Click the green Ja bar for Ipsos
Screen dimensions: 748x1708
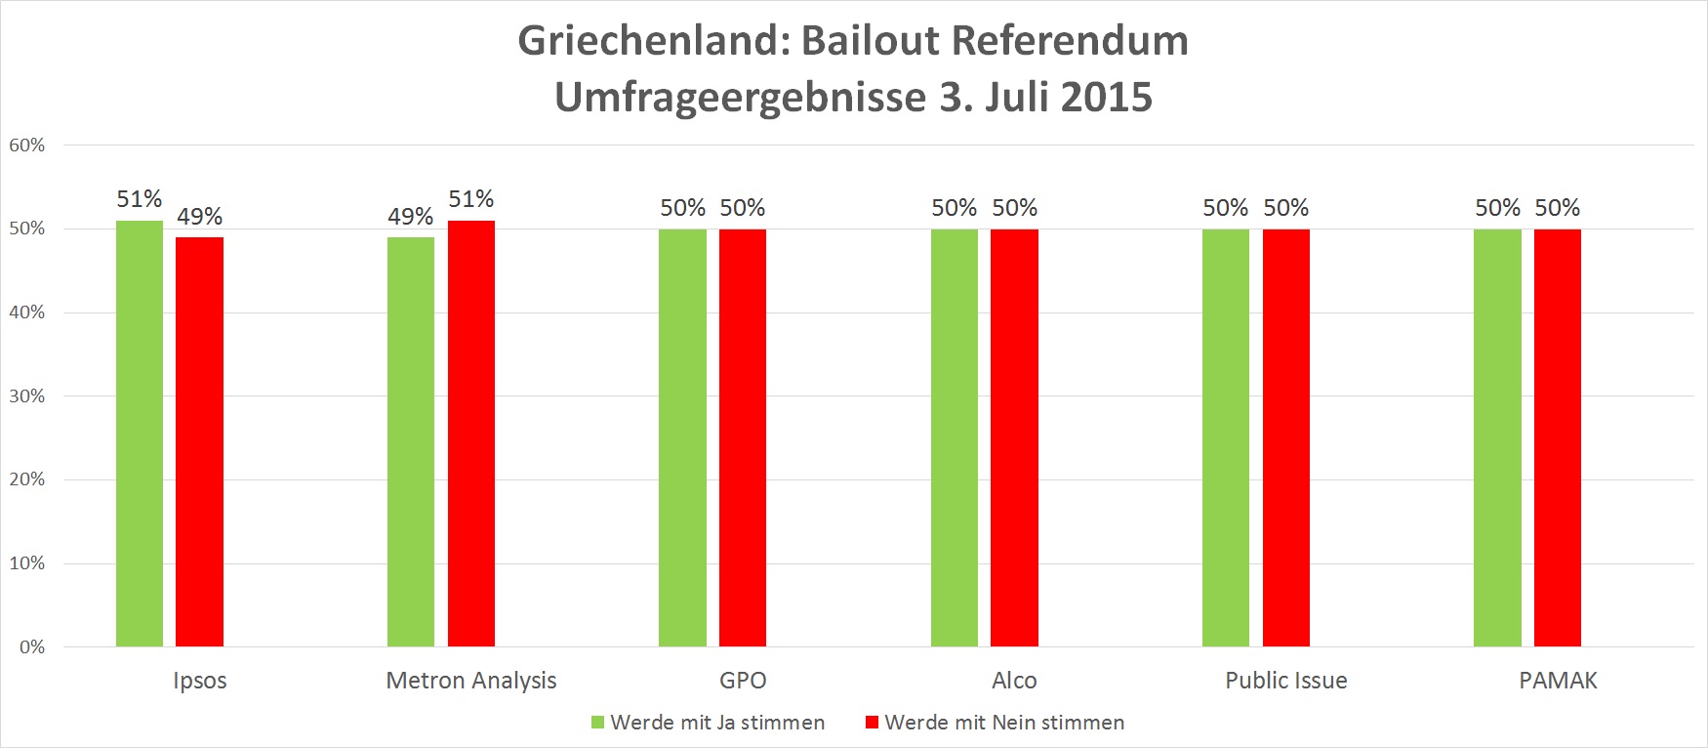(x=140, y=434)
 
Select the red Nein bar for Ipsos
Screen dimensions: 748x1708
(x=199, y=441)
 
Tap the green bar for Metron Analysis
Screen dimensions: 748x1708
(x=411, y=441)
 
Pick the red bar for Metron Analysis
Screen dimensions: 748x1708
(x=471, y=434)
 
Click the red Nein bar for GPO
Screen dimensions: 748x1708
(x=743, y=437)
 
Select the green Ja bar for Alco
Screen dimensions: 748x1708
(x=955, y=437)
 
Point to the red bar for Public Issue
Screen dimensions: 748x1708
(x=1286, y=437)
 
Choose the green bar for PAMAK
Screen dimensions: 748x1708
(x=1497, y=437)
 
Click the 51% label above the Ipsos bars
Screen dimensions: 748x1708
(x=140, y=199)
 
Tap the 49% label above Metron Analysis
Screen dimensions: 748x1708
(x=411, y=216)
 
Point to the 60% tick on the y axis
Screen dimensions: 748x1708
(x=27, y=145)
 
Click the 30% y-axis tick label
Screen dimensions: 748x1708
(x=27, y=395)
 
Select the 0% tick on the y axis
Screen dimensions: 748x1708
(x=32, y=646)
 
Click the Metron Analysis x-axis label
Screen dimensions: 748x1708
(x=471, y=681)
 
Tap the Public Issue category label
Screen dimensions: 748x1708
(x=1286, y=681)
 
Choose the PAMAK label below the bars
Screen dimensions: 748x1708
(x=1558, y=681)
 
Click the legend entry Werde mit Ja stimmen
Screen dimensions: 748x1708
(x=717, y=723)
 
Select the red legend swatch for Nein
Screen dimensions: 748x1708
(x=873, y=723)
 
